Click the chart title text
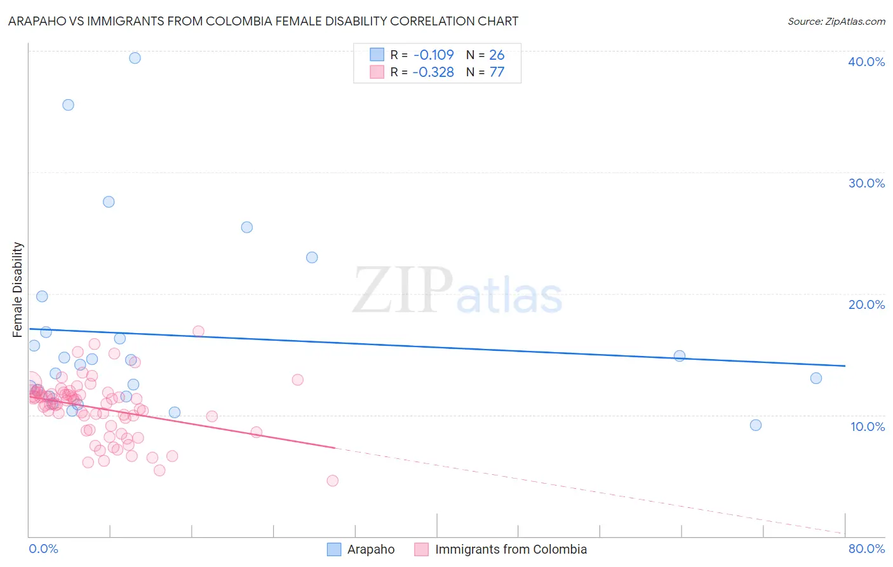click(x=263, y=21)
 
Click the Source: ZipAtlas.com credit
click(x=836, y=21)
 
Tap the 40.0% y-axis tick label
click(x=866, y=62)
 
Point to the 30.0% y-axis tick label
click(x=866, y=183)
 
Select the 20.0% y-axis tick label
click(x=866, y=304)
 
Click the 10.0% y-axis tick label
click(x=867, y=427)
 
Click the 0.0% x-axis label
click(x=43, y=549)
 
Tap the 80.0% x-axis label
click(x=866, y=549)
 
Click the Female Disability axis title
click(x=18, y=289)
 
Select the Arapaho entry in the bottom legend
click(x=370, y=549)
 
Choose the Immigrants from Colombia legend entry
click(x=510, y=549)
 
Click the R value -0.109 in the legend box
click(x=433, y=55)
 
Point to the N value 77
click(x=497, y=72)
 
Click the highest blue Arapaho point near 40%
click(x=135, y=58)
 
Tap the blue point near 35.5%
click(x=68, y=105)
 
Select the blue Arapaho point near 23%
click(x=312, y=257)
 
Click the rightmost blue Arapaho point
click(x=816, y=378)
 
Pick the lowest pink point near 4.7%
click(x=332, y=481)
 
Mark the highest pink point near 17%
click(x=198, y=331)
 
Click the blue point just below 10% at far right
click(x=756, y=425)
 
